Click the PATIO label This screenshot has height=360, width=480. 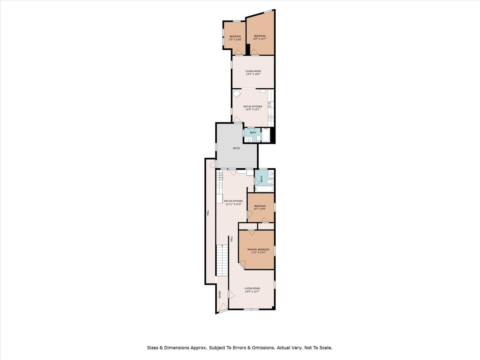236,148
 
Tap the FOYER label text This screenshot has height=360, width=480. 220,295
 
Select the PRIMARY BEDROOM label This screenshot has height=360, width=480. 258,250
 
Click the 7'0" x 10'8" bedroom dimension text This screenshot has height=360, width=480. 235,39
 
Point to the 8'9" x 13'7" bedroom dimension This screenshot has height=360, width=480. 260,39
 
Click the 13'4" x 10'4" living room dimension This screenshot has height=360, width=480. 253,74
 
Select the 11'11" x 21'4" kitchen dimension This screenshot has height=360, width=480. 233,204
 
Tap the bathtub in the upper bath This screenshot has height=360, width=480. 266,135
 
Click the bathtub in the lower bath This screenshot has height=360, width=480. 264,189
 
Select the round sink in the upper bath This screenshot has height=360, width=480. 248,140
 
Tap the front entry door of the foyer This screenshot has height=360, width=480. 223,308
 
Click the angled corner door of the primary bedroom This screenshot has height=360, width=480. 242,264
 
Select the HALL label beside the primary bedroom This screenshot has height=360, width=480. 231,238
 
